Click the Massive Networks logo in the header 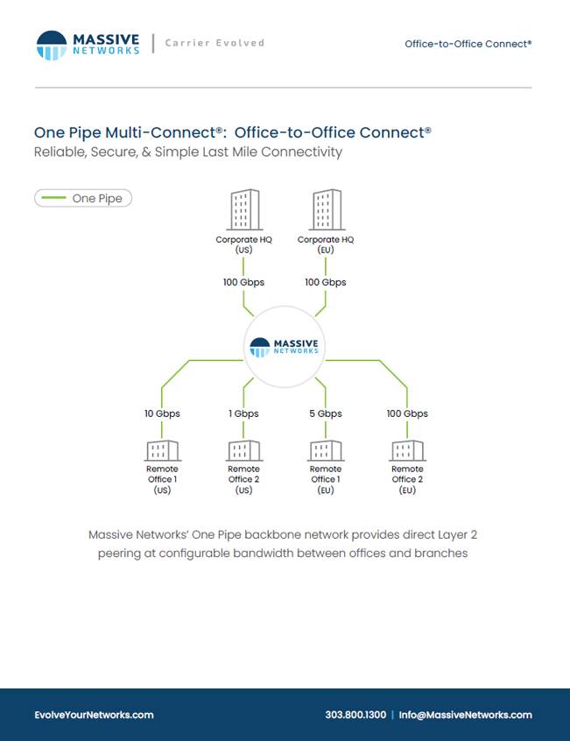(x=88, y=46)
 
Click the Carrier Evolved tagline (x=215, y=43)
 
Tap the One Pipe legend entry (x=83, y=198)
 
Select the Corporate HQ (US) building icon (x=244, y=209)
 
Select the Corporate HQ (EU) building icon (x=327, y=209)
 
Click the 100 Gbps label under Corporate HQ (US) (x=243, y=282)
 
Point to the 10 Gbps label (x=162, y=413)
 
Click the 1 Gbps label (x=243, y=413)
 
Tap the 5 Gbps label (x=326, y=413)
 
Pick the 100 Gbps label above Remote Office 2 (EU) (x=407, y=413)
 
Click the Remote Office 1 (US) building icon (x=163, y=450)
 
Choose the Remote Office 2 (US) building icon (x=244, y=450)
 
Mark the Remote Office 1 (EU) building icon (x=326, y=450)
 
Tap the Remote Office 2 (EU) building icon (x=407, y=450)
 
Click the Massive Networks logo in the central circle (x=284, y=348)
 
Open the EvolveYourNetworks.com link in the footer (x=94, y=715)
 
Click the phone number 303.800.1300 (x=355, y=715)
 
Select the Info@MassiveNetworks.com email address (x=465, y=715)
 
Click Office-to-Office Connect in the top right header (x=468, y=44)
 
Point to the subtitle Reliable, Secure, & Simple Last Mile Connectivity (x=188, y=152)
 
